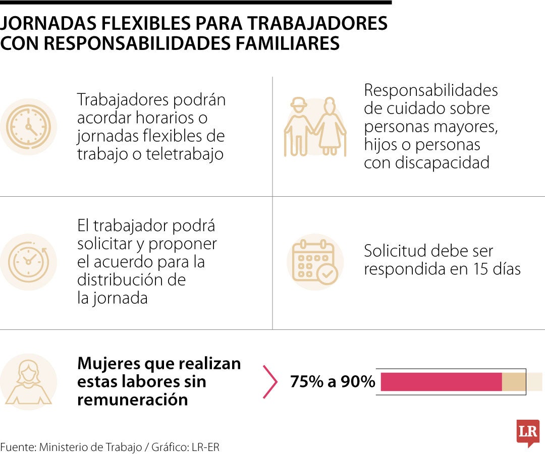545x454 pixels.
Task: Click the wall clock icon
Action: pyautogui.click(x=28, y=127)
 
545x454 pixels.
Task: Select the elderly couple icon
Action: pyautogui.click(x=315, y=127)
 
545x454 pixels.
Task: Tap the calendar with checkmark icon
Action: pyautogui.click(x=315, y=262)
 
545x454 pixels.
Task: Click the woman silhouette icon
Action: pyautogui.click(x=28, y=382)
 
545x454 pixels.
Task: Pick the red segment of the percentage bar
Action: pyautogui.click(x=441, y=382)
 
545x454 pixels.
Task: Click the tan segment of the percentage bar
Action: pyautogui.click(x=513, y=382)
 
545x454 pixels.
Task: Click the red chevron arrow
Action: pyautogui.click(x=270, y=382)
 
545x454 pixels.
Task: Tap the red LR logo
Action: pyautogui.click(x=528, y=432)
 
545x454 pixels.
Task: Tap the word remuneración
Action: pyautogui.click(x=132, y=400)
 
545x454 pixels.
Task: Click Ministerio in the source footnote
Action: pyautogui.click(x=65, y=447)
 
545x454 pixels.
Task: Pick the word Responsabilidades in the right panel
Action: pyautogui.click(x=430, y=90)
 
